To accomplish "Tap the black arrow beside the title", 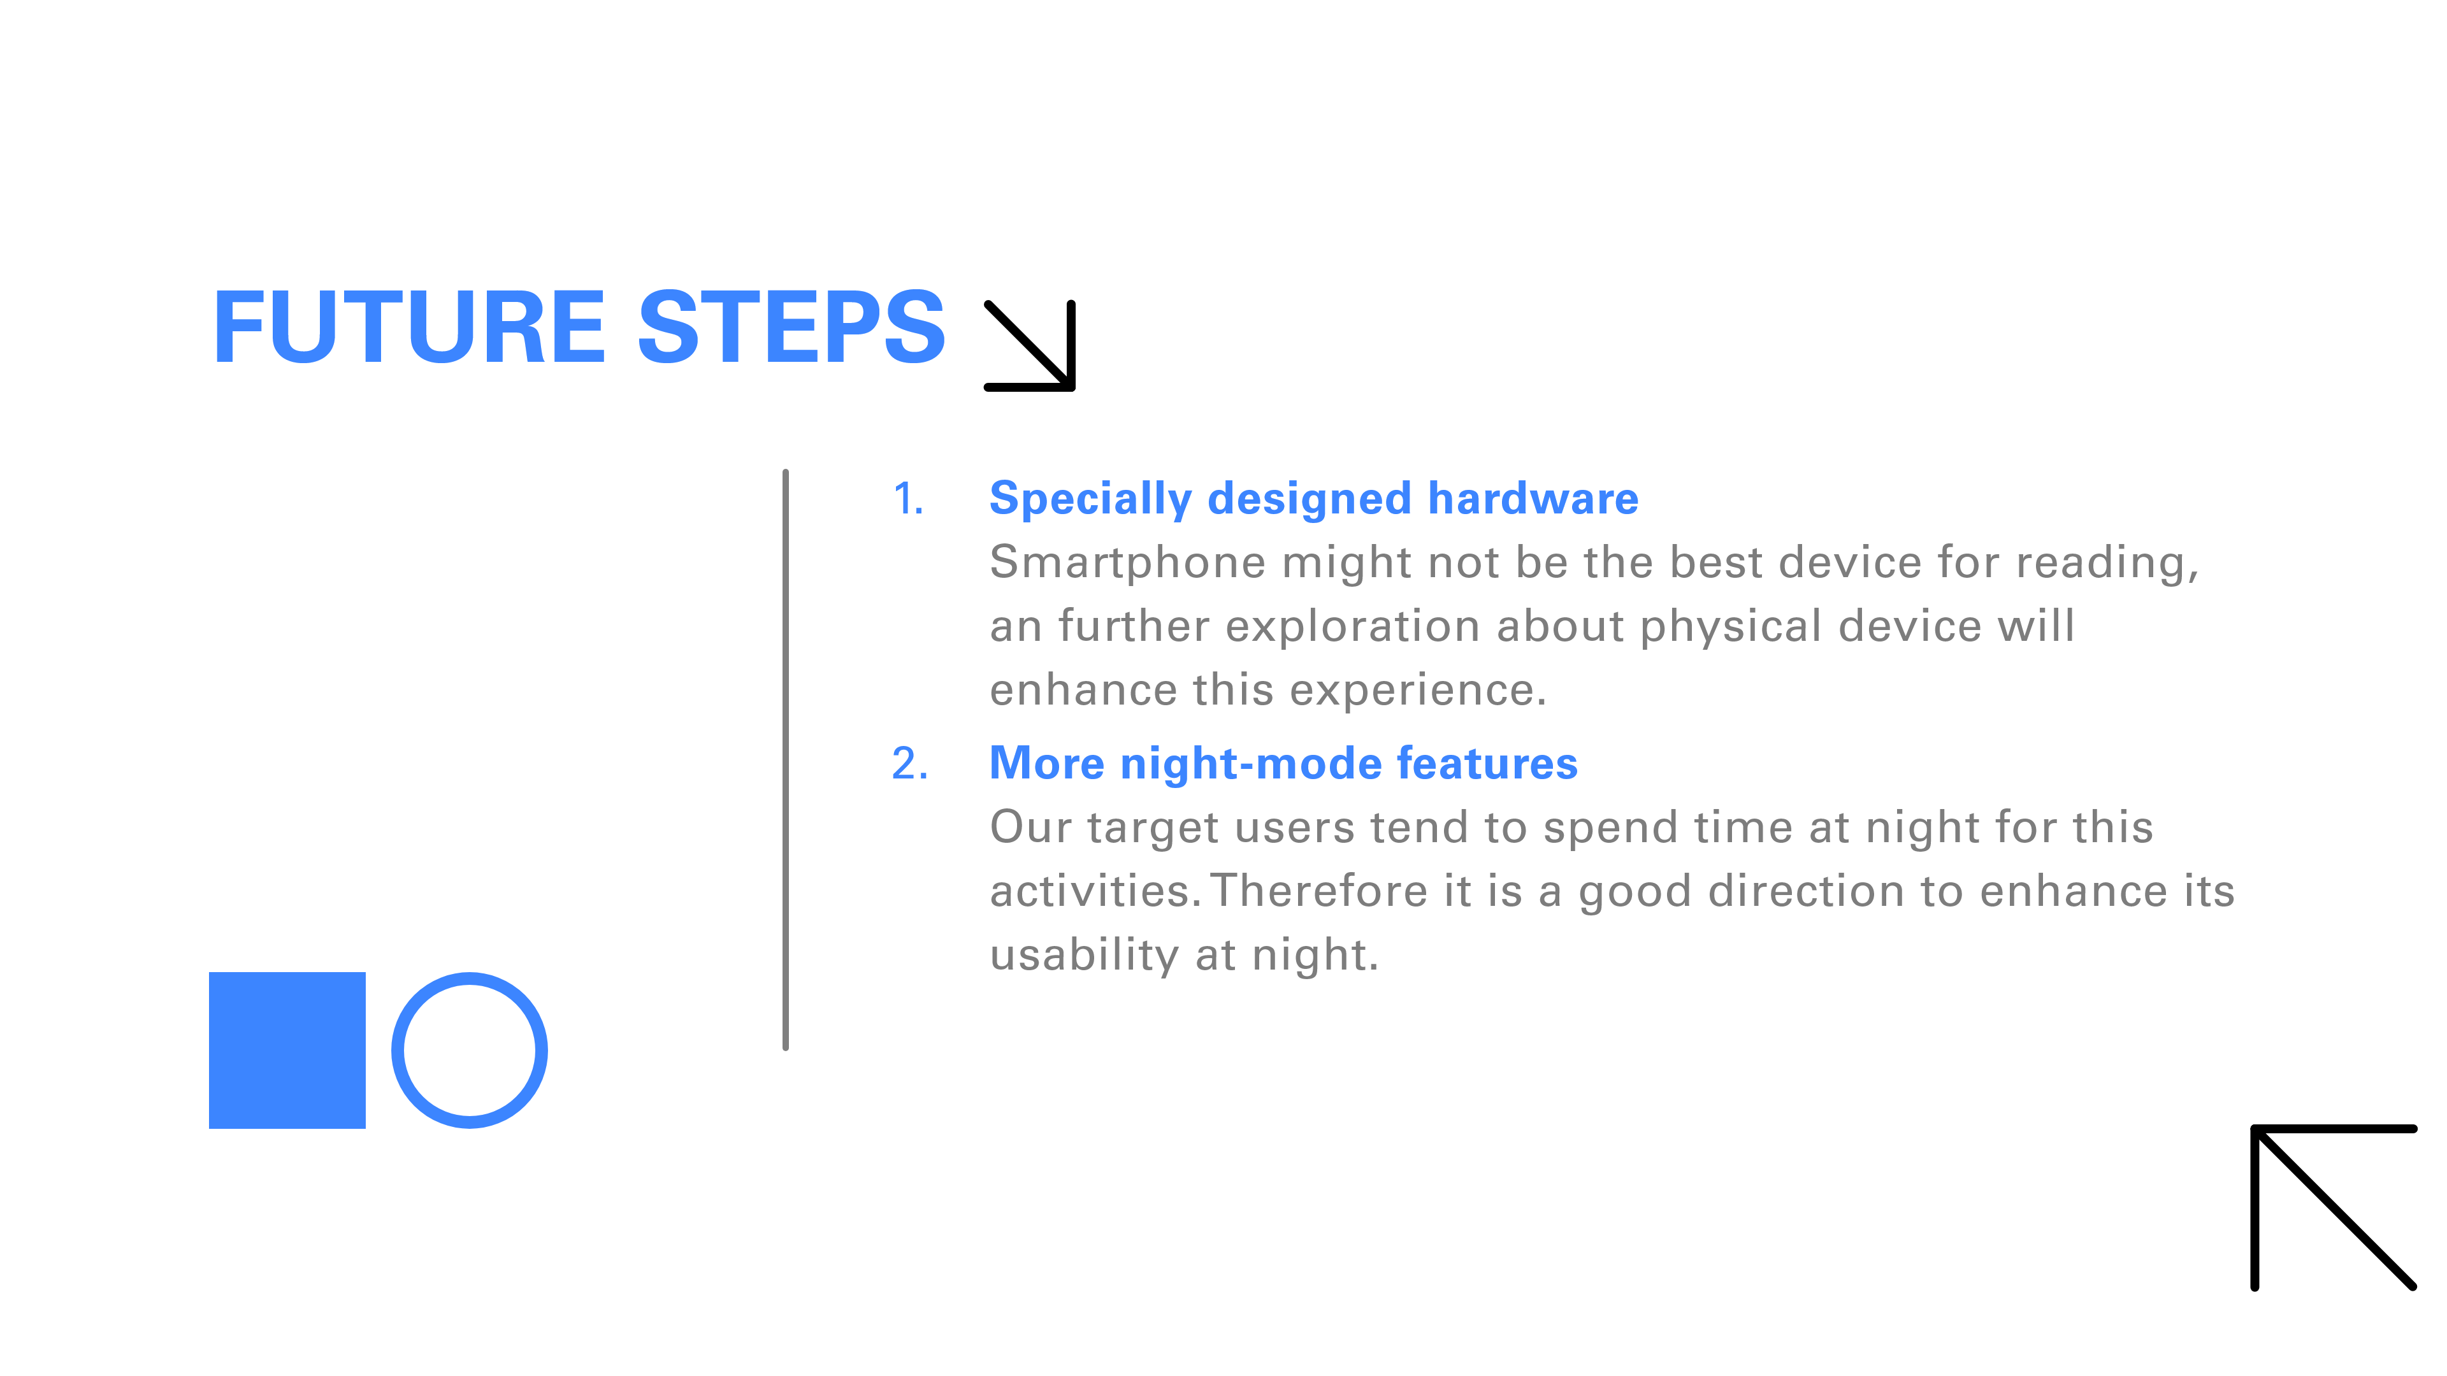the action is tap(1030, 346).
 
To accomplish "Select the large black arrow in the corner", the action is tap(2334, 1208).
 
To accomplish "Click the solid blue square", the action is tap(287, 1050).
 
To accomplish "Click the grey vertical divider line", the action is tap(786, 760).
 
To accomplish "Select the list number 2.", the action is tap(910, 764).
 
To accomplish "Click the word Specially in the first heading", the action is tap(1090, 499).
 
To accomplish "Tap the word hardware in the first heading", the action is tap(1533, 499).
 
